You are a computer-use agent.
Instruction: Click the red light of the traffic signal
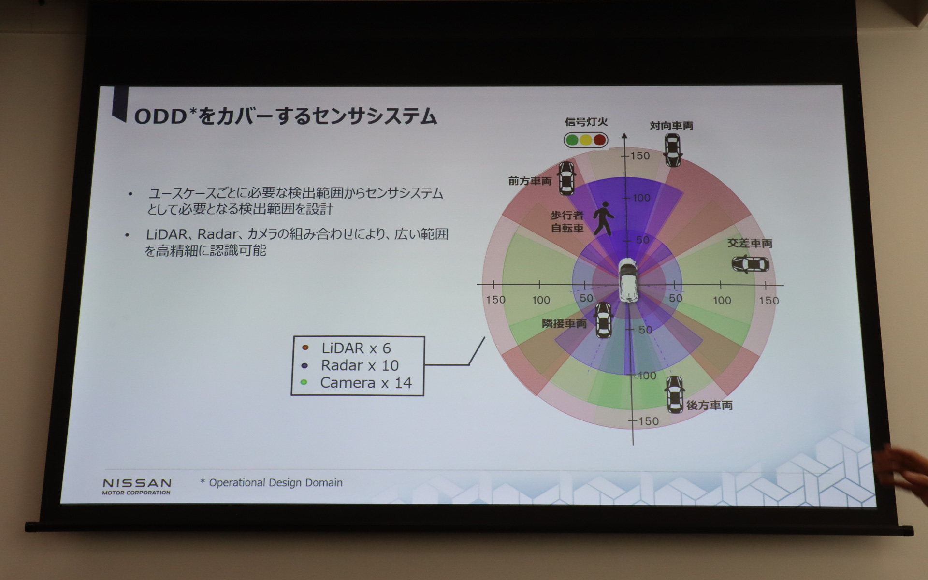tap(599, 140)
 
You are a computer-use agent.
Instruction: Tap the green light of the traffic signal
tap(572, 140)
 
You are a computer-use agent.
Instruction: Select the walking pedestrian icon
tap(604, 219)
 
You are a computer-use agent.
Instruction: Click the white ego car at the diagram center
tap(628, 281)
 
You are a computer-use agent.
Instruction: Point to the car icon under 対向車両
tap(672, 150)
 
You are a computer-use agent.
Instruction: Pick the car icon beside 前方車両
tap(567, 178)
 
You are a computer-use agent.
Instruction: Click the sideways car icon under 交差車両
tap(750, 264)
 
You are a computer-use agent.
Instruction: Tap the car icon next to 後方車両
tap(675, 394)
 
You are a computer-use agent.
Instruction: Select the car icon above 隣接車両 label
tap(603, 319)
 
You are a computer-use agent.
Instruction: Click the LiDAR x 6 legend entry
tap(356, 348)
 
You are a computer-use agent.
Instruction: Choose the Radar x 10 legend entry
tap(360, 365)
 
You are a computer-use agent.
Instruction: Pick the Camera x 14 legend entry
tap(365, 383)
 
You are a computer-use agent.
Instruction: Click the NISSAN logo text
tap(137, 483)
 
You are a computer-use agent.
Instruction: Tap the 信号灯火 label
tap(586, 122)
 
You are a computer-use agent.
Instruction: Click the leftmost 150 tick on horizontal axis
tap(495, 299)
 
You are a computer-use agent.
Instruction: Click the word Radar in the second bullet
tap(217, 234)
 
